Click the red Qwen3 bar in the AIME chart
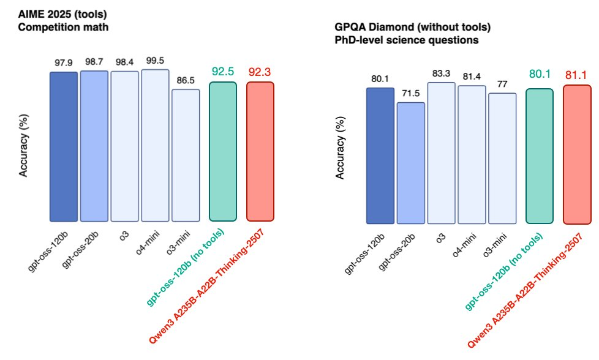click(260, 151)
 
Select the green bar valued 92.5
click(223, 151)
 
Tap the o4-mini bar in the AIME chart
click(155, 145)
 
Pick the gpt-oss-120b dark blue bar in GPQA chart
click(380, 156)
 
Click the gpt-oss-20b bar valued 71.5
click(410, 163)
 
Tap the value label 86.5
click(186, 80)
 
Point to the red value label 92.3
click(260, 72)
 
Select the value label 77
click(503, 83)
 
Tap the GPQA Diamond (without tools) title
click(412, 28)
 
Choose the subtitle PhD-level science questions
click(406, 40)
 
